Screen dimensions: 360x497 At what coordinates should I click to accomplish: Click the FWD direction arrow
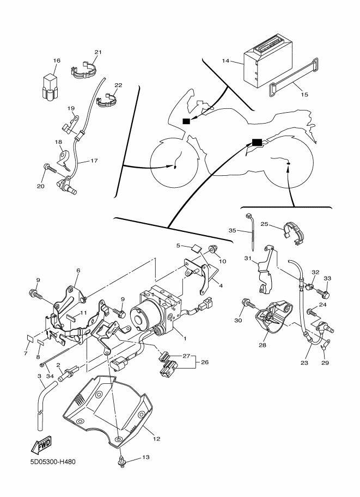point(41,445)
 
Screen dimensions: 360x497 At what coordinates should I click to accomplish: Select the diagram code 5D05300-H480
point(53,462)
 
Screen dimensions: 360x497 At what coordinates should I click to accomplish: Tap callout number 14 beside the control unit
point(225,60)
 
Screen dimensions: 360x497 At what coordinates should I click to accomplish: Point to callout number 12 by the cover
point(156,439)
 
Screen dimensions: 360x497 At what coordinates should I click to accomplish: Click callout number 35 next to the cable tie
point(232,230)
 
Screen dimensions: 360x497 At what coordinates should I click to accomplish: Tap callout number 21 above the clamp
point(98,52)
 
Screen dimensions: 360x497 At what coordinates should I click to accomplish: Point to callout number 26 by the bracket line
point(205,362)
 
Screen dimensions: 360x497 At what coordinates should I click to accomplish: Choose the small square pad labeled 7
point(30,338)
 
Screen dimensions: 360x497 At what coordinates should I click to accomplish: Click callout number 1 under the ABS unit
point(185,339)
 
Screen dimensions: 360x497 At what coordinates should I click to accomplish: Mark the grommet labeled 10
point(213,249)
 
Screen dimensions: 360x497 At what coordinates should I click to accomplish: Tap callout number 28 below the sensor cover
point(263,345)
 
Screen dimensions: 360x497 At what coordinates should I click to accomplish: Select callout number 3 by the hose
point(39,376)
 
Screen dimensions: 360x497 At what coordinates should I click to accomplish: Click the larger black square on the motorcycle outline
point(257,143)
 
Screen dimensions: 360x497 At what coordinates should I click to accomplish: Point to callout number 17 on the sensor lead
point(94,161)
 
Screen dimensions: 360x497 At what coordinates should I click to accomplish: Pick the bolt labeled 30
point(248,304)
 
